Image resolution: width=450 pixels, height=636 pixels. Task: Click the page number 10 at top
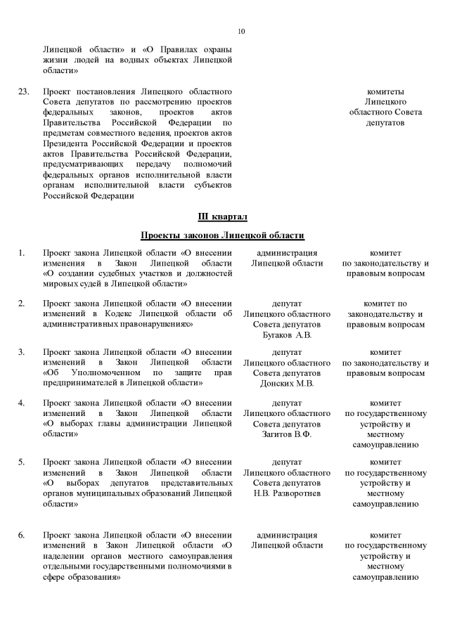pos(241,31)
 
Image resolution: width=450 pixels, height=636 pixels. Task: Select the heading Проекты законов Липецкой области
pos(222,235)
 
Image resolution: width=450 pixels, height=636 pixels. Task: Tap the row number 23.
pos(24,92)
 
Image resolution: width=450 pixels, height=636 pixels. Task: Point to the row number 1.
pos(22,253)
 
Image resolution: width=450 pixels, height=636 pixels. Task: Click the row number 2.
pos(22,304)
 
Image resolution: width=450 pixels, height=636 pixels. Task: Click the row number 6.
pos(22,536)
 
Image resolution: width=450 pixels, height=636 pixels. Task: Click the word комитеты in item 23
pos(385,92)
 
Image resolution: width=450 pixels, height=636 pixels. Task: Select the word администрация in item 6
pos(287,536)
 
